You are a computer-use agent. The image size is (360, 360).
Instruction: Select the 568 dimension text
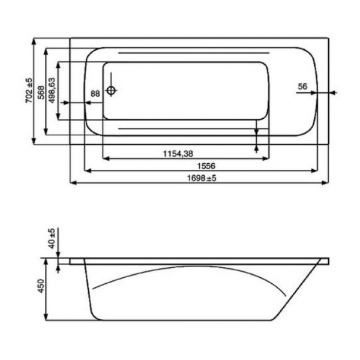41,92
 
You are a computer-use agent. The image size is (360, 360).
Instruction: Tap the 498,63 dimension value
52,91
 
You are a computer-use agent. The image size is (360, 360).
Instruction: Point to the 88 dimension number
95,94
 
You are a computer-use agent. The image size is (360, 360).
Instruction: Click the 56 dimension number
302,86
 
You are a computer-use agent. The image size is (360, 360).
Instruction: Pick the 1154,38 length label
178,154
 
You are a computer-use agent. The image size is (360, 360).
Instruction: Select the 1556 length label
206,166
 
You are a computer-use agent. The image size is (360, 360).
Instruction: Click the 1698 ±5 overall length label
202,178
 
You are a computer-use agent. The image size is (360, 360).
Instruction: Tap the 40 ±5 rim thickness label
52,238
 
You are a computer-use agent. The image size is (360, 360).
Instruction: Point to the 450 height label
41,286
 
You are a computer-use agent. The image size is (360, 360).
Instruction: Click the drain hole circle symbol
111,90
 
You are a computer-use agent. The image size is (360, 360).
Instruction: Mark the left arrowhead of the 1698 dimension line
73,183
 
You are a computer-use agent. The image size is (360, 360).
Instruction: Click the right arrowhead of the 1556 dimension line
314,170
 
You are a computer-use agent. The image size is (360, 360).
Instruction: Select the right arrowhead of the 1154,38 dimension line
265,158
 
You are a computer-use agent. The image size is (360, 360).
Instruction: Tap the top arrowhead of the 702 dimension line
34,41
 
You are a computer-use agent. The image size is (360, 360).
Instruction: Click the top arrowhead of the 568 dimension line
46,52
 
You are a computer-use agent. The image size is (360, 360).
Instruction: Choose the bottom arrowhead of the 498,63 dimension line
58,116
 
